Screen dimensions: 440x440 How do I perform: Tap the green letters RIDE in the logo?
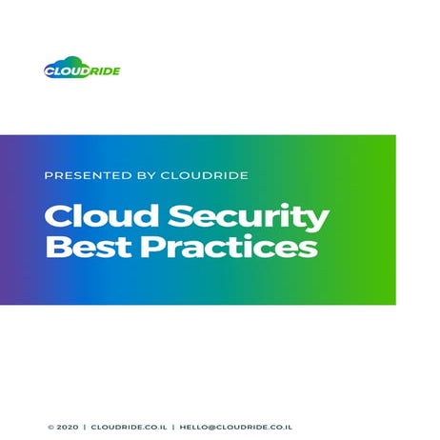coord(105,70)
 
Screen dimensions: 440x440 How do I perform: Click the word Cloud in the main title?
coord(94,215)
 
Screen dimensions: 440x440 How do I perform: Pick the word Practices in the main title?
coord(229,248)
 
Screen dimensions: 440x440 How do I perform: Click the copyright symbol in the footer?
coord(50,428)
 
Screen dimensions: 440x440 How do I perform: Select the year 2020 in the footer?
coord(67,428)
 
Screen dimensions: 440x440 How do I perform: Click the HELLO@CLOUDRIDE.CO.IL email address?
coord(235,428)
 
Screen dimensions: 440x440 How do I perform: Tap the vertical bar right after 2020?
coord(84,428)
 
